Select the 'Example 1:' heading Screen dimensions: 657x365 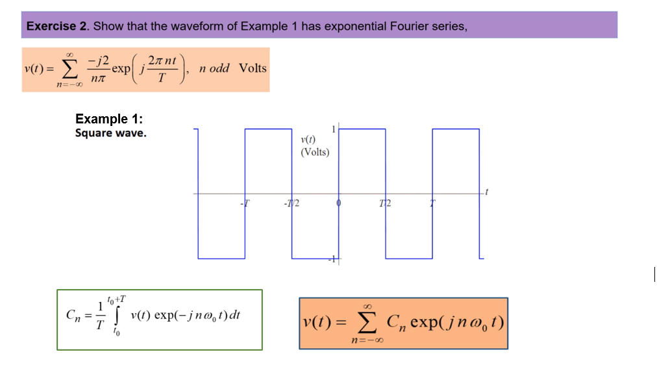pos(109,119)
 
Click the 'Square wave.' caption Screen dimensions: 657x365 pos(110,133)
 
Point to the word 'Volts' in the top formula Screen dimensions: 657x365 pos(253,68)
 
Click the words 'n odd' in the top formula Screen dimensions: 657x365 pos(214,68)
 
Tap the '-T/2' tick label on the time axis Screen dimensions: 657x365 pos(290,203)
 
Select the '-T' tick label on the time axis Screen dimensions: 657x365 pos(245,203)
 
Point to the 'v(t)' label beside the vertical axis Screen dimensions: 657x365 pos(308,140)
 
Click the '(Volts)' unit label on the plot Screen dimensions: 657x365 pos(315,152)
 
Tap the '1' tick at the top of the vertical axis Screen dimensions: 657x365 pos(334,129)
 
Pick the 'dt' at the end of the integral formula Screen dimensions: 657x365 pos(235,316)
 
